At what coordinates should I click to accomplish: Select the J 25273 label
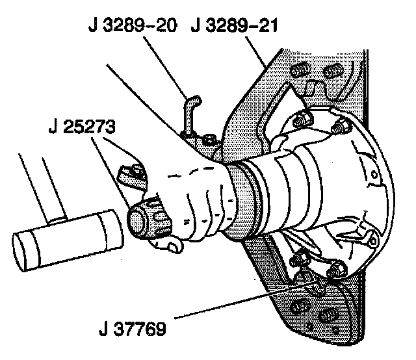(x=81, y=127)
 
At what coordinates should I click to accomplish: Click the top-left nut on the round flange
(x=301, y=120)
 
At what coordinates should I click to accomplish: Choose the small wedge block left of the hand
(x=131, y=175)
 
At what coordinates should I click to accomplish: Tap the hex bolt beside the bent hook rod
(x=207, y=138)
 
